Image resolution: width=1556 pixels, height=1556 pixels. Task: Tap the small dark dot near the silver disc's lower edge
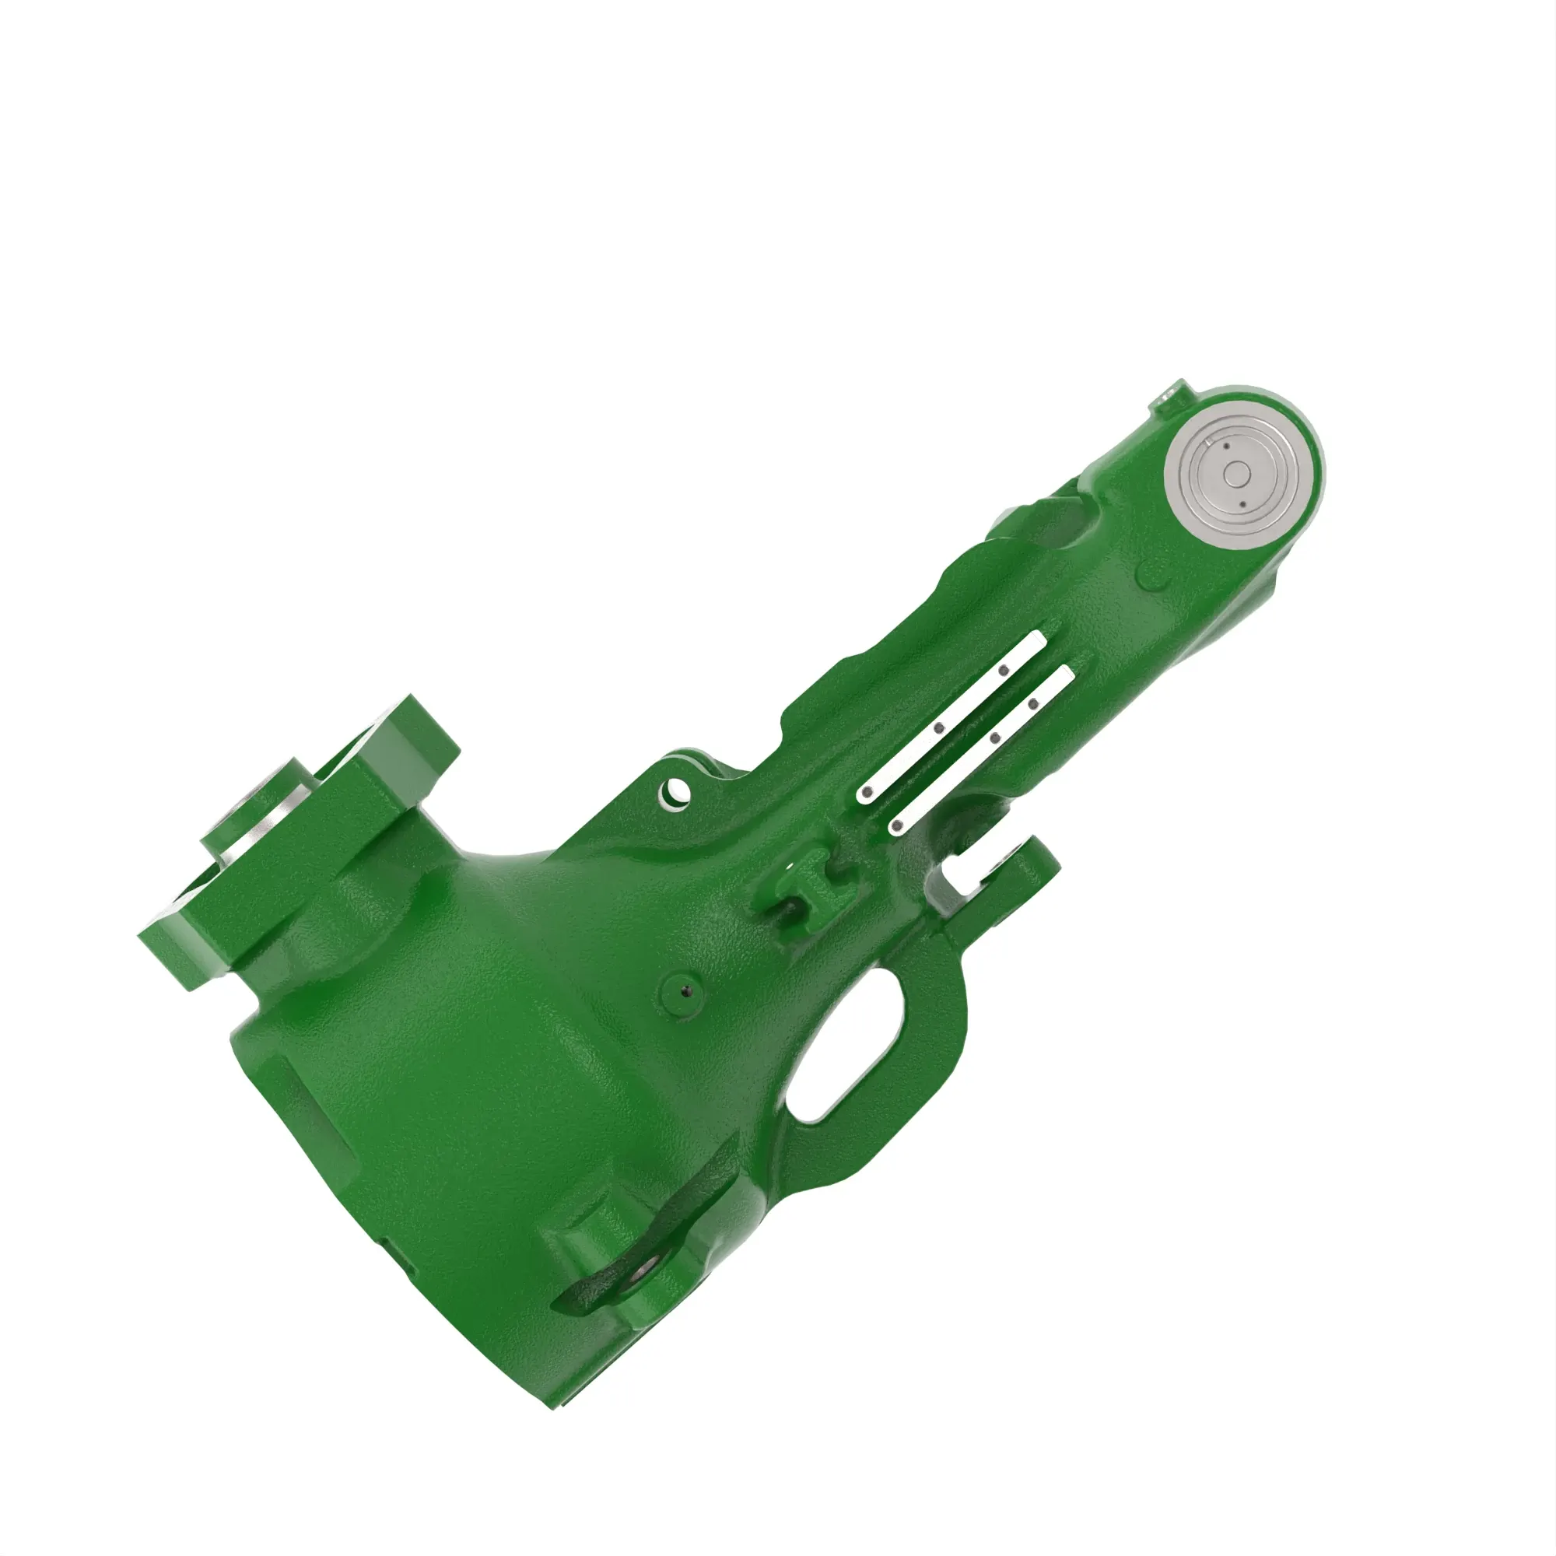click(x=1243, y=504)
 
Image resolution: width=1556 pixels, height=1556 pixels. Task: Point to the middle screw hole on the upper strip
click(x=939, y=728)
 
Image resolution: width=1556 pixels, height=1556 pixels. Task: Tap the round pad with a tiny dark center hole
click(x=685, y=991)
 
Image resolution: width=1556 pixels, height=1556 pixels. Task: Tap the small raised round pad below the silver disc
click(x=1153, y=575)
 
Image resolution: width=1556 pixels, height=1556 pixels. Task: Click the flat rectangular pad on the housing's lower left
click(x=318, y=1123)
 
